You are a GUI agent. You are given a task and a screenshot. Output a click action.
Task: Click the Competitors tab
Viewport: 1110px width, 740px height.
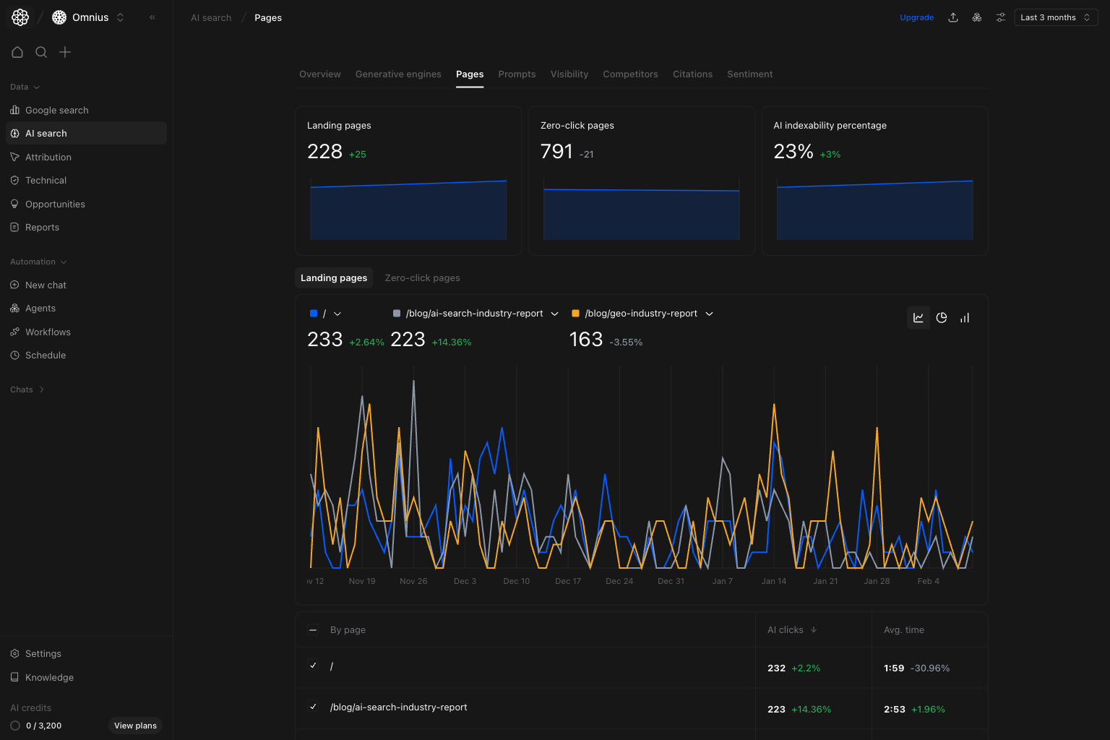(x=630, y=74)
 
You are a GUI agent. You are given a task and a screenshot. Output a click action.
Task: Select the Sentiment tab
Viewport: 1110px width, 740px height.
(x=749, y=74)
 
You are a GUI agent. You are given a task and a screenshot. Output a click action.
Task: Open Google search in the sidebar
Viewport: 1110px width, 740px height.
(x=56, y=111)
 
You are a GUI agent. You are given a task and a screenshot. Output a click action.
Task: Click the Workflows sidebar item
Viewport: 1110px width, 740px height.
(x=48, y=332)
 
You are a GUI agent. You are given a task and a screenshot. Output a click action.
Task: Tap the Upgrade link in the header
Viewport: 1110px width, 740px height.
(x=916, y=17)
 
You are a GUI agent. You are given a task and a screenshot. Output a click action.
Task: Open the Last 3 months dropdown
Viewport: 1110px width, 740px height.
(x=1055, y=17)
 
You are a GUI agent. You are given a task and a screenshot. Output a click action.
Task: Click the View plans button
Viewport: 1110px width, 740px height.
(x=135, y=726)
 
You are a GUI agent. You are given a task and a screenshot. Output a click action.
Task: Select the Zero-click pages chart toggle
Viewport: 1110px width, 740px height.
(x=422, y=278)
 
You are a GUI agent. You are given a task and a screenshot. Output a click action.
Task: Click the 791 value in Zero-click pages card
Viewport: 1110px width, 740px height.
(x=556, y=152)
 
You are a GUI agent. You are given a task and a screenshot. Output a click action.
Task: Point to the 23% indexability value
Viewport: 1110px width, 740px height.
(x=793, y=152)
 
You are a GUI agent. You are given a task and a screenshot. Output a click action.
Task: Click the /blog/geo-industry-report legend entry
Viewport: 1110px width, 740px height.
(x=640, y=314)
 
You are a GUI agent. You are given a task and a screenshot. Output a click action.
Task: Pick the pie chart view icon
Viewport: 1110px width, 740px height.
(x=942, y=318)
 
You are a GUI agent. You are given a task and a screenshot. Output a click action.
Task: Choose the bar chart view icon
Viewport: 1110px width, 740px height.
(x=965, y=318)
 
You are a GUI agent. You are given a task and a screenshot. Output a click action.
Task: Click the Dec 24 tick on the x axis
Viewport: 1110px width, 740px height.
(x=619, y=581)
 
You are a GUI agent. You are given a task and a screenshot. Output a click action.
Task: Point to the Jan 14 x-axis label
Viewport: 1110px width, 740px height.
(x=773, y=581)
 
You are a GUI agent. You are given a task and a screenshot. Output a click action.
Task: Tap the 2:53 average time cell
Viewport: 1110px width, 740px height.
(x=894, y=710)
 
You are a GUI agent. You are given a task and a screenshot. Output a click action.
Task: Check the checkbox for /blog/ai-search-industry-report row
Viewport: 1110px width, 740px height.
(x=313, y=707)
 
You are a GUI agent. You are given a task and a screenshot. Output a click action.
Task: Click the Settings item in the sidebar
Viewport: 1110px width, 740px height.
(x=43, y=654)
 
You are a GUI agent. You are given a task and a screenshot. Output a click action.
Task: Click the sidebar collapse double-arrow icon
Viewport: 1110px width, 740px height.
(x=152, y=17)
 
